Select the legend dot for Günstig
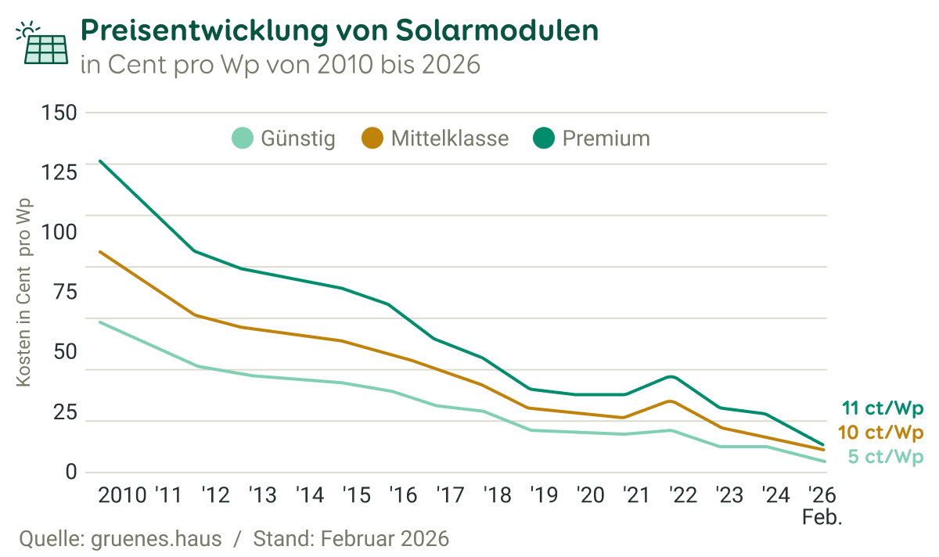point(243,139)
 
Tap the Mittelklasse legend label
point(449,139)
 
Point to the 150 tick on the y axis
point(59,113)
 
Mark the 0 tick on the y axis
point(72,472)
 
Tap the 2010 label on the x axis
point(122,495)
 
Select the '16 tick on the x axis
point(401,495)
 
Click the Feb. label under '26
point(820,517)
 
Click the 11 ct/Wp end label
point(883,408)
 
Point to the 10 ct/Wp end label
point(880,433)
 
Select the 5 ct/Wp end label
point(885,457)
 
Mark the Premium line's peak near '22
point(671,376)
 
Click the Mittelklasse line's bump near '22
point(671,401)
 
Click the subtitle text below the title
point(279,64)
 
